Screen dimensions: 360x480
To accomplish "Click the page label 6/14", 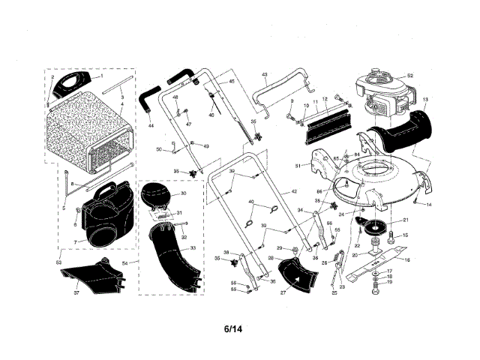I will pyautogui.click(x=233, y=328).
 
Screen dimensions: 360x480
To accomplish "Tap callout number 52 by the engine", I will pyautogui.click(x=410, y=76).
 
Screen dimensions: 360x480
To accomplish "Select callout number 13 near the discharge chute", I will pyautogui.click(x=424, y=100).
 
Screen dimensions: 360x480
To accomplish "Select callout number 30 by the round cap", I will pyautogui.click(x=184, y=193).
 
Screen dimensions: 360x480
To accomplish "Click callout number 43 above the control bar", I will pyautogui.click(x=265, y=75).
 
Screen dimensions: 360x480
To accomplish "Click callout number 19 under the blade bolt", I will pyautogui.click(x=388, y=283).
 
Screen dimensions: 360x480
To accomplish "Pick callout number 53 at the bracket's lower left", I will pyautogui.click(x=58, y=262).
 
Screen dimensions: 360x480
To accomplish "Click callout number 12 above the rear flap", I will pyautogui.click(x=325, y=100).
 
